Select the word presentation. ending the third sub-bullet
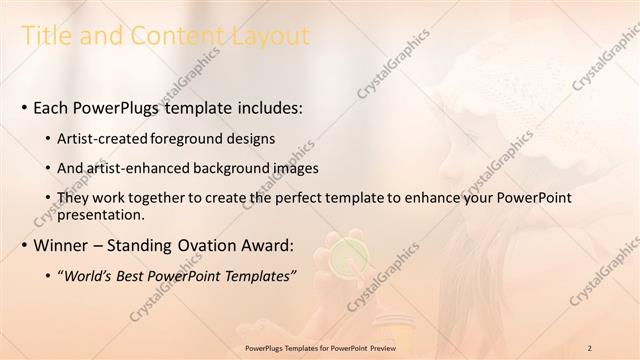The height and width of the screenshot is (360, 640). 104,215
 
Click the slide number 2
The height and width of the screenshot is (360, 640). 591,347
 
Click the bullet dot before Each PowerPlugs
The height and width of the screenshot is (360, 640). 23,106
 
